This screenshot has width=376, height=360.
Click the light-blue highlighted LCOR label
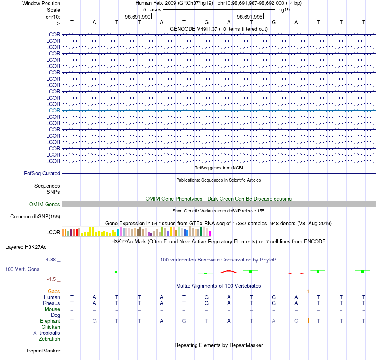53,110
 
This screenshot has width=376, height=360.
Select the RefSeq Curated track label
42,174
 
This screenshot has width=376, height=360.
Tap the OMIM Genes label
45,205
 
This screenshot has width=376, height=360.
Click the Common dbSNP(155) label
35,217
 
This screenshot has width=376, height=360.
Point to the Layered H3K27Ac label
26,247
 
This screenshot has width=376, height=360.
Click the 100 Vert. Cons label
22,269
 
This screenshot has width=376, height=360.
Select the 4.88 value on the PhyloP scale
51,260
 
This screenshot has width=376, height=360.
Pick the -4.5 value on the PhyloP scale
51,279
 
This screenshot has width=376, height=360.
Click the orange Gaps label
54,291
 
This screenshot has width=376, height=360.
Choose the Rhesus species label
51,303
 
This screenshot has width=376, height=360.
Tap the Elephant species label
50,321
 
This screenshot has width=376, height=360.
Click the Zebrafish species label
49,339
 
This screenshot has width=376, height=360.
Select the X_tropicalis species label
47,333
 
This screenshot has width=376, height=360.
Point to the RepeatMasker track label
44,351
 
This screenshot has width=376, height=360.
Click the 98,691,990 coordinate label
138,17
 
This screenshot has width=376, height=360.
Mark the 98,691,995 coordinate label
250,17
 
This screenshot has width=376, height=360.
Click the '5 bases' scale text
152,10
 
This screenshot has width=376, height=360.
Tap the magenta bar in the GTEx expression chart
210,233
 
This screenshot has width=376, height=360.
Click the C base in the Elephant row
296,321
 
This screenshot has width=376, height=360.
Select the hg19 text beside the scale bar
284,10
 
